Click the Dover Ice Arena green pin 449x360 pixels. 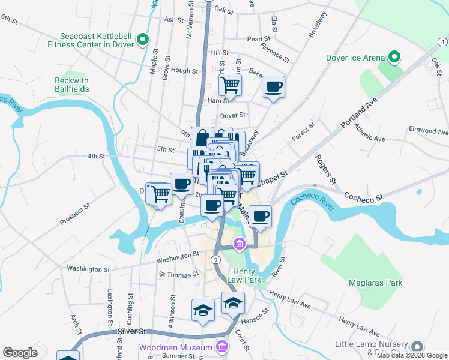coord(394,58)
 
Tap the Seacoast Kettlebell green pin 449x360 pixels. coord(143,40)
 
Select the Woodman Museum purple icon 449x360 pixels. coord(221,347)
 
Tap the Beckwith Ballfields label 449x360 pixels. coord(71,85)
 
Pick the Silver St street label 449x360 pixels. coord(132,331)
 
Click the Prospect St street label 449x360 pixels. coord(75,214)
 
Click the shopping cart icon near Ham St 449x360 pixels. coord(231,85)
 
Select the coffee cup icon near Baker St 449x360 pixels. coord(273,87)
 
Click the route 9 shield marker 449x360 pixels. coord(216,260)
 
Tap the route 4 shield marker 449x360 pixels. coord(442,41)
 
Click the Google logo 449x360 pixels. coord(20,352)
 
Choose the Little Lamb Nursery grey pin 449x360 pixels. coord(417,347)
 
